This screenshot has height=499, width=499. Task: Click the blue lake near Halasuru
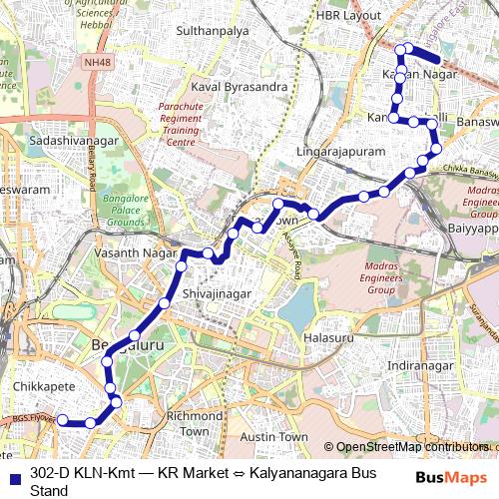pyautogui.click(x=296, y=312)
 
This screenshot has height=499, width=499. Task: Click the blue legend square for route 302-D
pyautogui.click(x=11, y=474)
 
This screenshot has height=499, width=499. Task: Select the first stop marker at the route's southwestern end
pyautogui.click(x=63, y=420)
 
